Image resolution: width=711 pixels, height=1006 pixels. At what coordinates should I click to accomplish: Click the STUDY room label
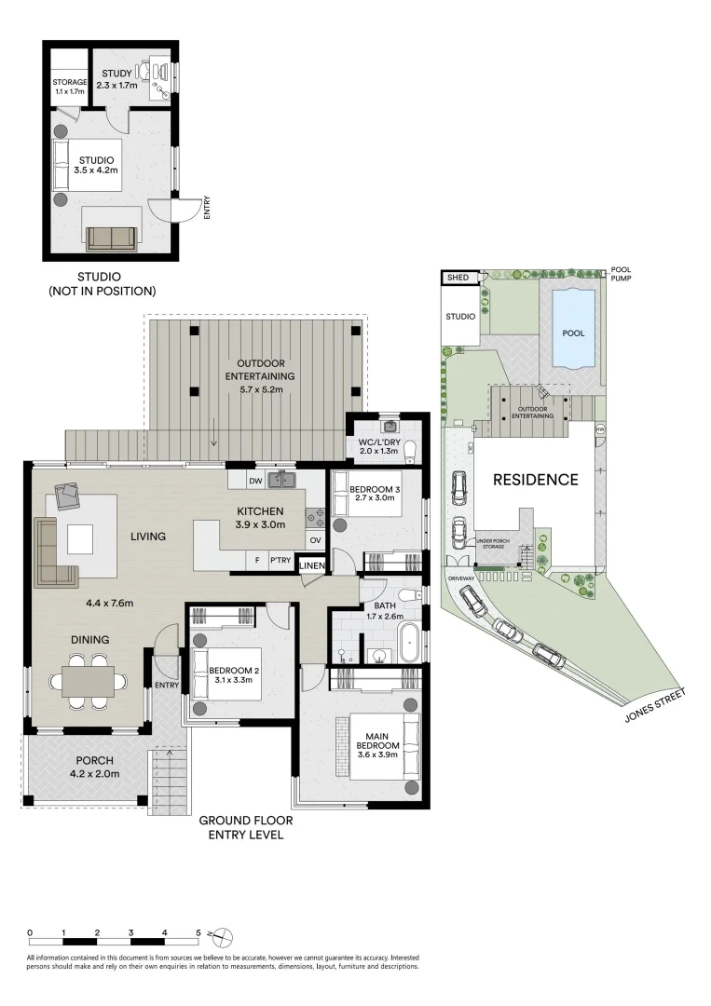tap(116, 74)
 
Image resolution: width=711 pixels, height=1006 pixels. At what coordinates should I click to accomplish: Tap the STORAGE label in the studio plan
tap(69, 82)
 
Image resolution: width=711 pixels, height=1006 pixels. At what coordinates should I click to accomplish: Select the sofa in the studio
tap(113, 238)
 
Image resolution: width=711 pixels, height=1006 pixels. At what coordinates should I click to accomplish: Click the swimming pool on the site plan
tap(573, 327)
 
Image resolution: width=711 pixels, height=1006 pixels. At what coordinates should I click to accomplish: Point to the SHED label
tap(458, 278)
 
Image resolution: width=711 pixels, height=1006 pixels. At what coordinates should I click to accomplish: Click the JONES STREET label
tap(655, 705)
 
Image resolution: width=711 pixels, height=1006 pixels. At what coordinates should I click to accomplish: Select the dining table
tap(88, 681)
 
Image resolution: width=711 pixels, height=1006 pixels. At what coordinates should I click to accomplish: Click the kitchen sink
tap(281, 479)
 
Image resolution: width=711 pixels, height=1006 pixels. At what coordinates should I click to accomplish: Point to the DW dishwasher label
tap(255, 481)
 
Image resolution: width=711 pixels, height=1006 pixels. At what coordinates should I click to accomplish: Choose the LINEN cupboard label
tap(312, 565)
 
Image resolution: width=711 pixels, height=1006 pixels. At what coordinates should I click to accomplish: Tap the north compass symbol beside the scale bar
tap(222, 937)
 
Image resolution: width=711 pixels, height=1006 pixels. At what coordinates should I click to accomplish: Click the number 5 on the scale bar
tap(198, 932)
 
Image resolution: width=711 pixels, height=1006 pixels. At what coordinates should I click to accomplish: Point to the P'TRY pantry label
tap(280, 560)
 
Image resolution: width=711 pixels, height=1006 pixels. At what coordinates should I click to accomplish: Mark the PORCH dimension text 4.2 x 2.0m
tap(94, 773)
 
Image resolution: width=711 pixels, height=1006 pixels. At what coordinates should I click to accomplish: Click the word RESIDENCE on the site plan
tap(535, 480)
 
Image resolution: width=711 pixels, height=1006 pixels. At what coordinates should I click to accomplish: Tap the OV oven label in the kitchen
tap(315, 540)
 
